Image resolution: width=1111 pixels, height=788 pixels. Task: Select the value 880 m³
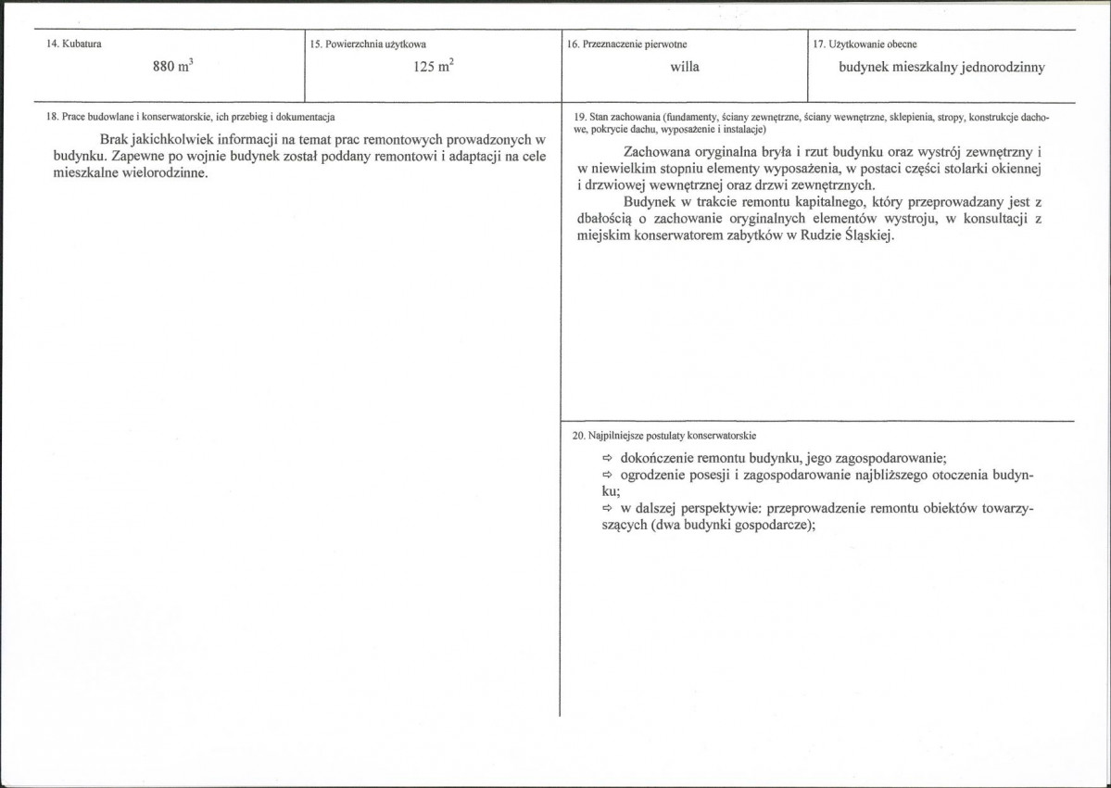tap(173, 67)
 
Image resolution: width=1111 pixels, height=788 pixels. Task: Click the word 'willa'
tap(685, 67)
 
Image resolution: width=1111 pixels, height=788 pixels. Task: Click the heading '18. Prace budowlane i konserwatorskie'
tap(189, 117)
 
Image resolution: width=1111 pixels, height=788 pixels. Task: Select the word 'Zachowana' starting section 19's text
tap(655, 151)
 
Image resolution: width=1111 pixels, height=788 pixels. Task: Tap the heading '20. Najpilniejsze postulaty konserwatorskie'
tap(665, 435)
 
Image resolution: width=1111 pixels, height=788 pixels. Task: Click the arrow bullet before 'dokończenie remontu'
tap(609, 458)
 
